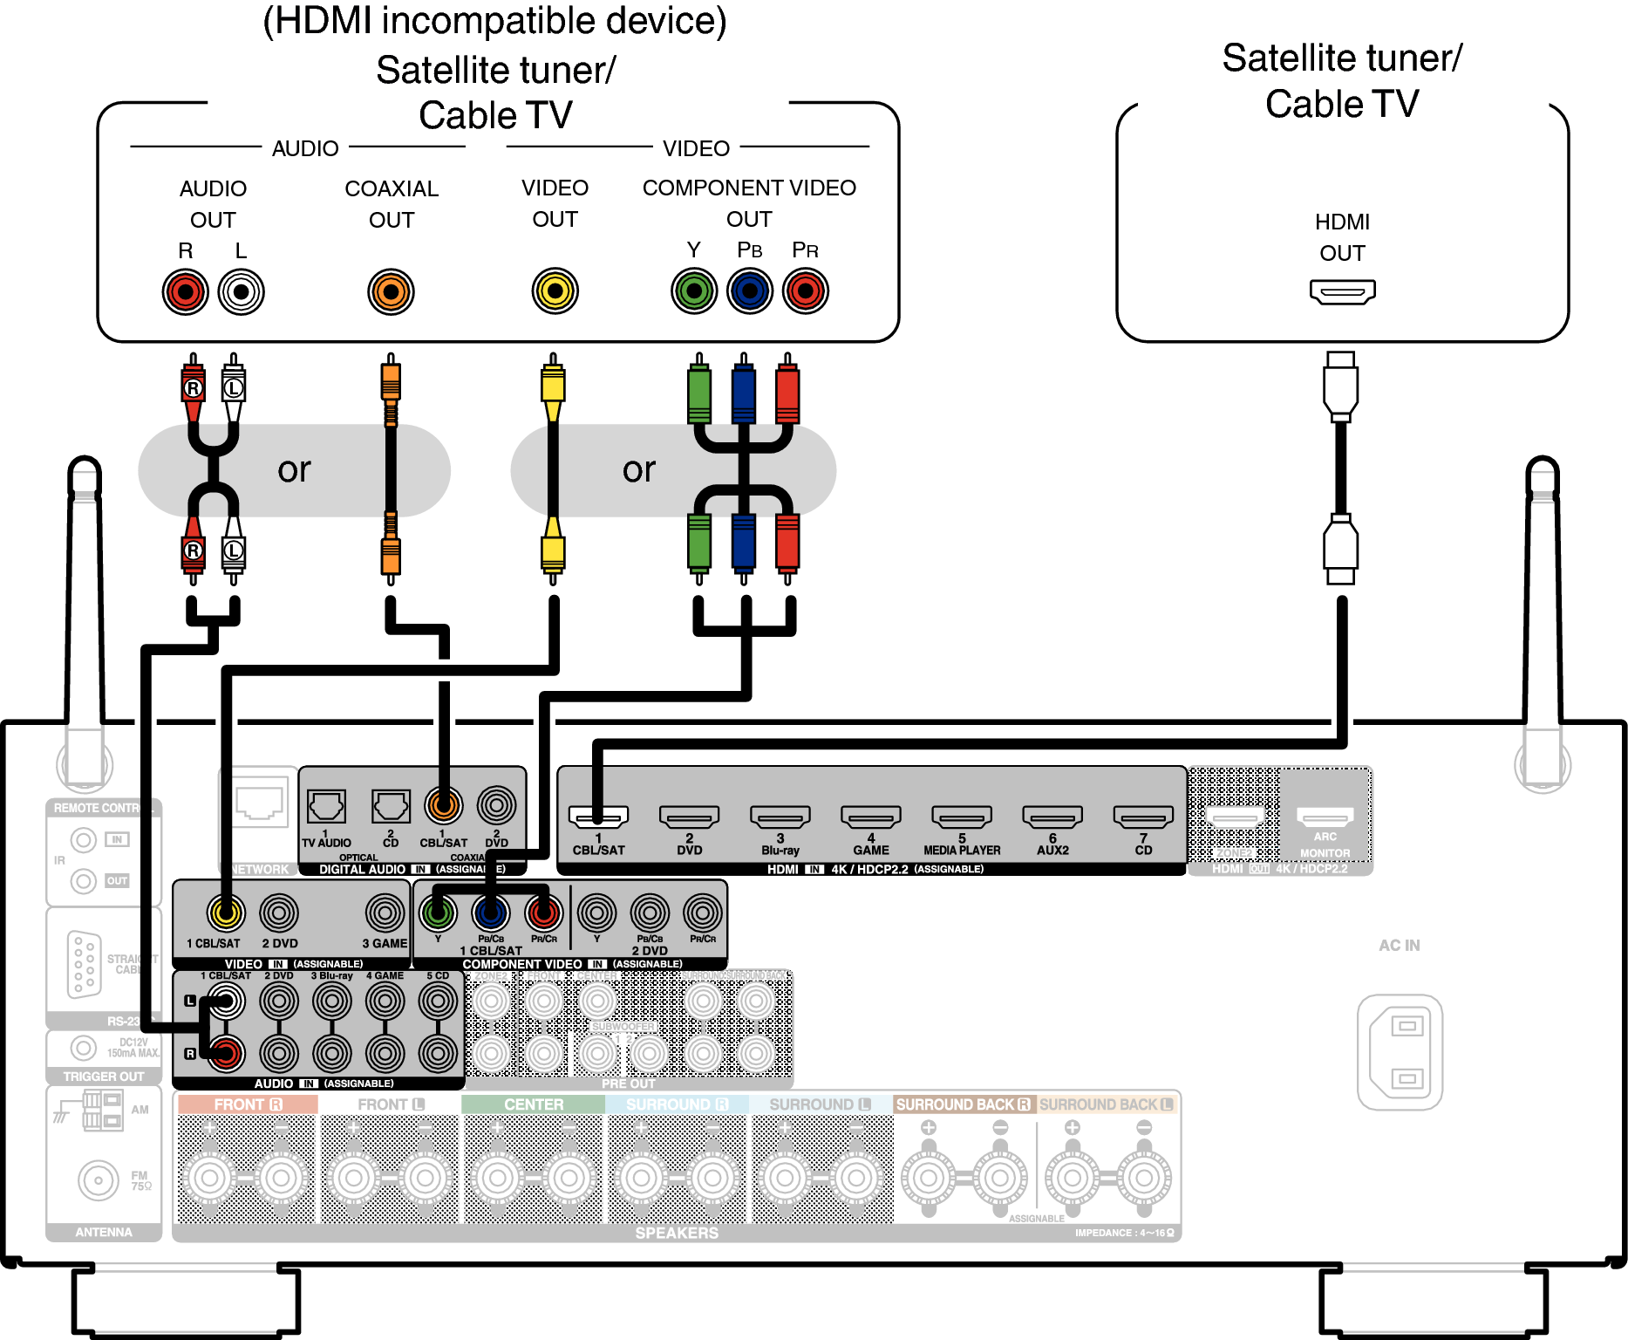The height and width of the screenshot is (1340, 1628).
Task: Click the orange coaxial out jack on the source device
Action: [391, 291]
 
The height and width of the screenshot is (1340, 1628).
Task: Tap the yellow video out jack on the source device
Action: [555, 291]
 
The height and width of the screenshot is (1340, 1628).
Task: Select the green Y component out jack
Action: [694, 291]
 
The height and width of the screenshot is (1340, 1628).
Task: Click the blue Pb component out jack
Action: [749, 291]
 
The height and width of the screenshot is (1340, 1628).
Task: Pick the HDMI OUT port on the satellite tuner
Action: [1342, 291]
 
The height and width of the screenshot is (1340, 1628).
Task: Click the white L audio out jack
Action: [241, 291]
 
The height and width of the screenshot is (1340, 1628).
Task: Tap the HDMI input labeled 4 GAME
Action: [870, 817]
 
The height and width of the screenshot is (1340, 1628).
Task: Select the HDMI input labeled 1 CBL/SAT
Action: [598, 817]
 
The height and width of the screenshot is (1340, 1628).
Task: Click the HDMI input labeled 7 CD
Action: [1142, 817]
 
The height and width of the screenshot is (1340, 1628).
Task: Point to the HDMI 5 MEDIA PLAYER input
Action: [961, 817]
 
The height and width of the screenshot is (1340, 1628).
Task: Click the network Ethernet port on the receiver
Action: [259, 803]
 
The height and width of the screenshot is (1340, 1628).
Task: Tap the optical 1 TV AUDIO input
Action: [326, 807]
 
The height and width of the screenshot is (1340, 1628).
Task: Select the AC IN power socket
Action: [1400, 1052]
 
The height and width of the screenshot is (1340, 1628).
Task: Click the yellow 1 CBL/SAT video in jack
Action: [226, 913]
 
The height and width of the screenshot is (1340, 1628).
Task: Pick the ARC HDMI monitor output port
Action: [1325, 817]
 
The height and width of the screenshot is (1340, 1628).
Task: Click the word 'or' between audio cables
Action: [294, 470]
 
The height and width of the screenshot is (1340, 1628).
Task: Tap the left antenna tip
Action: [85, 471]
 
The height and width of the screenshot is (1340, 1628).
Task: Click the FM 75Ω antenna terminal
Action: [98, 1180]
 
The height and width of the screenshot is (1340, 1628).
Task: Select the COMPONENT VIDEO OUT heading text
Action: [749, 202]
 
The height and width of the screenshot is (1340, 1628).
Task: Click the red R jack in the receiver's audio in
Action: [226, 1054]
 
